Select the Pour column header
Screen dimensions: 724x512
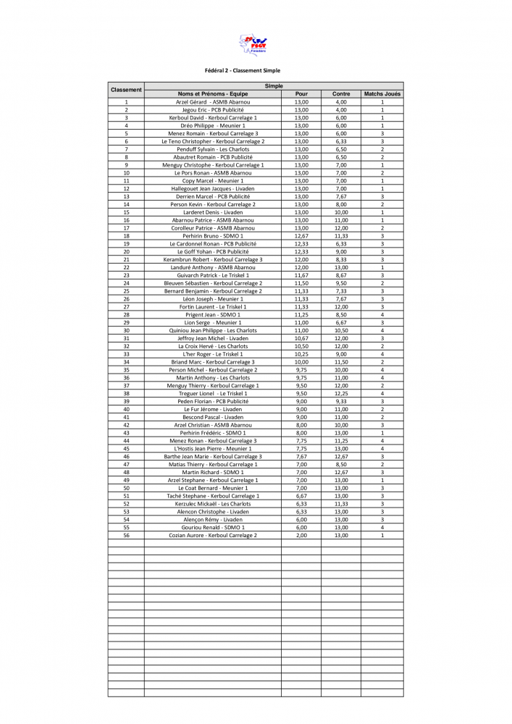301,94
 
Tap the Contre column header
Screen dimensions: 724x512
341,94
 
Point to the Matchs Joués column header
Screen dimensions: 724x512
382,94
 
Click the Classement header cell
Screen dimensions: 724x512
126,90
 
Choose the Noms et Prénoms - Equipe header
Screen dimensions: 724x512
213,94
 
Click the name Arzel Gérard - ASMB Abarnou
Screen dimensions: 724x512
213,102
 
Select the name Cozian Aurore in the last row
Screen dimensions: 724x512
213,535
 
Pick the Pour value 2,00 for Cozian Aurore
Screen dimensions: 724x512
301,535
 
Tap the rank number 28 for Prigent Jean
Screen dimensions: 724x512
126,315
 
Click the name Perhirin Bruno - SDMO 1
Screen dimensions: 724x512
213,236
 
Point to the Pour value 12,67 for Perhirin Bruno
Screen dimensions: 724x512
301,236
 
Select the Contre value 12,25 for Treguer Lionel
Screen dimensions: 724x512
341,393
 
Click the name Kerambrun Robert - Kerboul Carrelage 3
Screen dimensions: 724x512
213,259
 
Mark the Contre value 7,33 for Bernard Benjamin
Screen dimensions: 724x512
341,291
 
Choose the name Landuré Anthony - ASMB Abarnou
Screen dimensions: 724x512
213,267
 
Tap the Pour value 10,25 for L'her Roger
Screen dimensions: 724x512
301,354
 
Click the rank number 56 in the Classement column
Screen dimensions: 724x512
126,535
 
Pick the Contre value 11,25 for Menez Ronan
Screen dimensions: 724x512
341,440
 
